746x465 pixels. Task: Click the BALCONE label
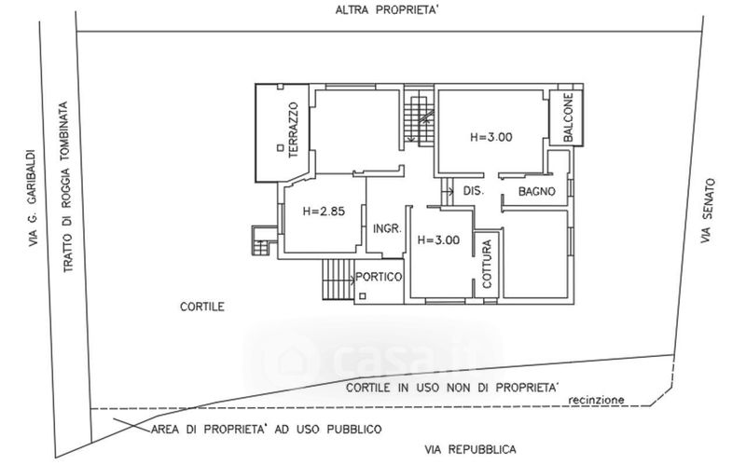pyautogui.click(x=567, y=118)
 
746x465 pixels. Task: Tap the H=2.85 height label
pyautogui.click(x=324, y=212)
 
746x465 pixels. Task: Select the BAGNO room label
pyautogui.click(x=538, y=191)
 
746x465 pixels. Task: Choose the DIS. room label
pyautogui.click(x=471, y=191)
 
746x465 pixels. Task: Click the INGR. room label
pyautogui.click(x=386, y=229)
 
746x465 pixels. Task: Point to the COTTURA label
pyautogui.click(x=487, y=265)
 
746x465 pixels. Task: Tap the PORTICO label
pyautogui.click(x=379, y=277)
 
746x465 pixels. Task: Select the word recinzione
pyautogui.click(x=594, y=400)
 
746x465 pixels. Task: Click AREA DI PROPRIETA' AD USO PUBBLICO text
pyautogui.click(x=265, y=430)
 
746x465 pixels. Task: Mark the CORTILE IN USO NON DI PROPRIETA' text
pyautogui.click(x=451, y=386)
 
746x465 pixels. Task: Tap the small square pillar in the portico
pyautogui.click(x=361, y=296)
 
